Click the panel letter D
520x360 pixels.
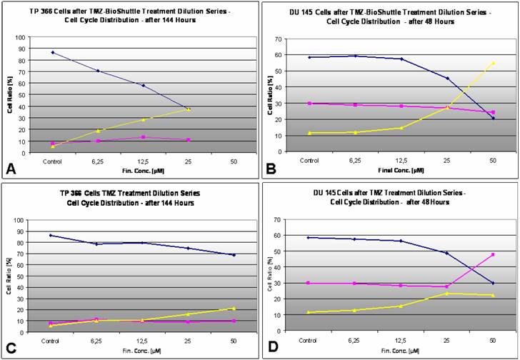(x=273, y=349)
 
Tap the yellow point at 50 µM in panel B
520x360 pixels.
(x=493, y=63)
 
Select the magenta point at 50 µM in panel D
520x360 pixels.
(x=493, y=254)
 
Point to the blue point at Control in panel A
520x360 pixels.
(x=53, y=52)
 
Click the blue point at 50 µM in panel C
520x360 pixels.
(x=234, y=255)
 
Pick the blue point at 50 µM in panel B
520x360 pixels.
(x=493, y=118)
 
